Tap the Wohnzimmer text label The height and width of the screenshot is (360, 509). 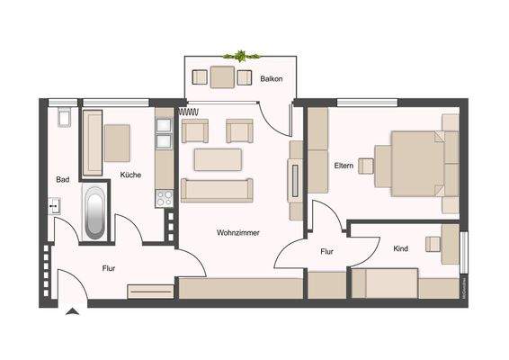238,232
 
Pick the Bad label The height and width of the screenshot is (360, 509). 62,179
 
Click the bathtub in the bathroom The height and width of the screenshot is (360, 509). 94,212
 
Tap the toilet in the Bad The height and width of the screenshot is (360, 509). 63,117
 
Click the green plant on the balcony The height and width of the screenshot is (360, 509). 241,56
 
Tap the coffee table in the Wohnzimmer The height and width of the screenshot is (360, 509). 218,159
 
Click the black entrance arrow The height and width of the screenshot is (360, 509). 71,311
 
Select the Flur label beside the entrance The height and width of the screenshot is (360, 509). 108,268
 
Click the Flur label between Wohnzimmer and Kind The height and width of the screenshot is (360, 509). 327,252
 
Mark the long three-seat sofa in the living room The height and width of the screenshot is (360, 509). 217,190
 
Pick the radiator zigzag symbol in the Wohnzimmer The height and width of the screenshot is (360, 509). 189,112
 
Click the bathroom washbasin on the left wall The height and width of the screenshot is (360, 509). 53,206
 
